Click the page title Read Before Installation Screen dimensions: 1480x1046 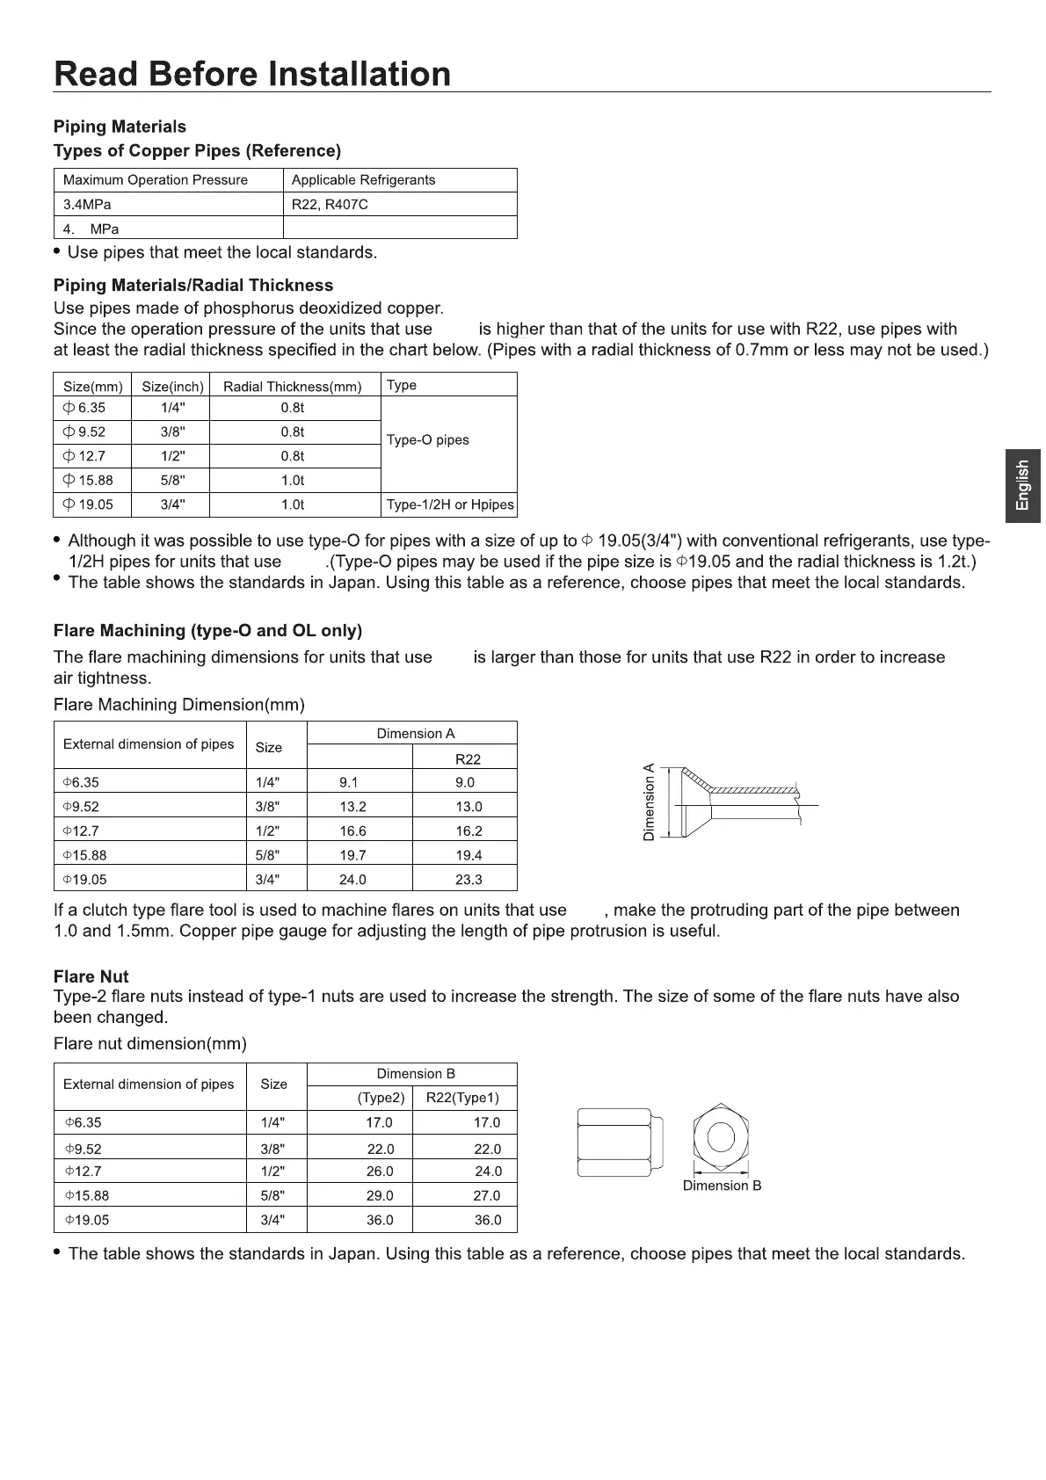click(252, 74)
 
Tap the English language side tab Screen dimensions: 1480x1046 click(1022, 485)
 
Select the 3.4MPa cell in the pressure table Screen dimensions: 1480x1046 click(87, 205)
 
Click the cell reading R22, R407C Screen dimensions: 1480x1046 click(330, 205)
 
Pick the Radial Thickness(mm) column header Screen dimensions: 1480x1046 click(293, 387)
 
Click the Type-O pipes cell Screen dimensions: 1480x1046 click(428, 440)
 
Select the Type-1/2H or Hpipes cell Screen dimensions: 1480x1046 click(450, 505)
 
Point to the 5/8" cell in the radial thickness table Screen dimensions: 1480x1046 click(172, 481)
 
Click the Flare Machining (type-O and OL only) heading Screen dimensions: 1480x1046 click(207, 631)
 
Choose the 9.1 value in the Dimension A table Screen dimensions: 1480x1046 click(349, 783)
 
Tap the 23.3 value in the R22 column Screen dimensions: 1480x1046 click(469, 880)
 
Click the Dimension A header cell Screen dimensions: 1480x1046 click(416, 734)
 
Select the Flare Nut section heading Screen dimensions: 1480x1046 click(91, 977)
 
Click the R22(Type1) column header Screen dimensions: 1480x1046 click(462, 1099)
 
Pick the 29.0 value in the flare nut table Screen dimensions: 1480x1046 click(380, 1196)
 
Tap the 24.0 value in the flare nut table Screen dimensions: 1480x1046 click(488, 1172)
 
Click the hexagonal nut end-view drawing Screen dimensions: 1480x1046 click(721, 1137)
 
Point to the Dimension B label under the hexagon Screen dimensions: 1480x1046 click(722, 1186)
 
